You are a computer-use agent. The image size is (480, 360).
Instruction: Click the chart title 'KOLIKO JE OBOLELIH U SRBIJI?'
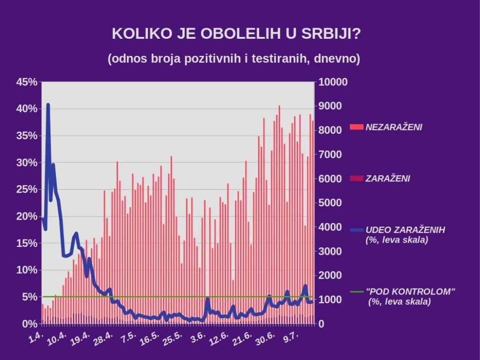pos(236,34)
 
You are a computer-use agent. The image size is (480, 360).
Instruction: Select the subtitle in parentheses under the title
pos(234,59)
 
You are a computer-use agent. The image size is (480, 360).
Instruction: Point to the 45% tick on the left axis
pos(26,82)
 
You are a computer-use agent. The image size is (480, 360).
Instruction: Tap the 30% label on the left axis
pos(26,163)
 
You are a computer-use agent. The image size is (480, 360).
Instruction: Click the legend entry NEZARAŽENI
pos(394,127)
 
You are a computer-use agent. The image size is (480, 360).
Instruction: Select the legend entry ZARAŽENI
pos(388,179)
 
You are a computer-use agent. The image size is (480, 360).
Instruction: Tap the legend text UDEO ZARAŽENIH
pos(405,230)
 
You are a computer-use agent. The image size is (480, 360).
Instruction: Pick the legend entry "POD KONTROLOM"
pos(410,292)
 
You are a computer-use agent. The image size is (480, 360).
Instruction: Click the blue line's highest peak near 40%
pos(48,105)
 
